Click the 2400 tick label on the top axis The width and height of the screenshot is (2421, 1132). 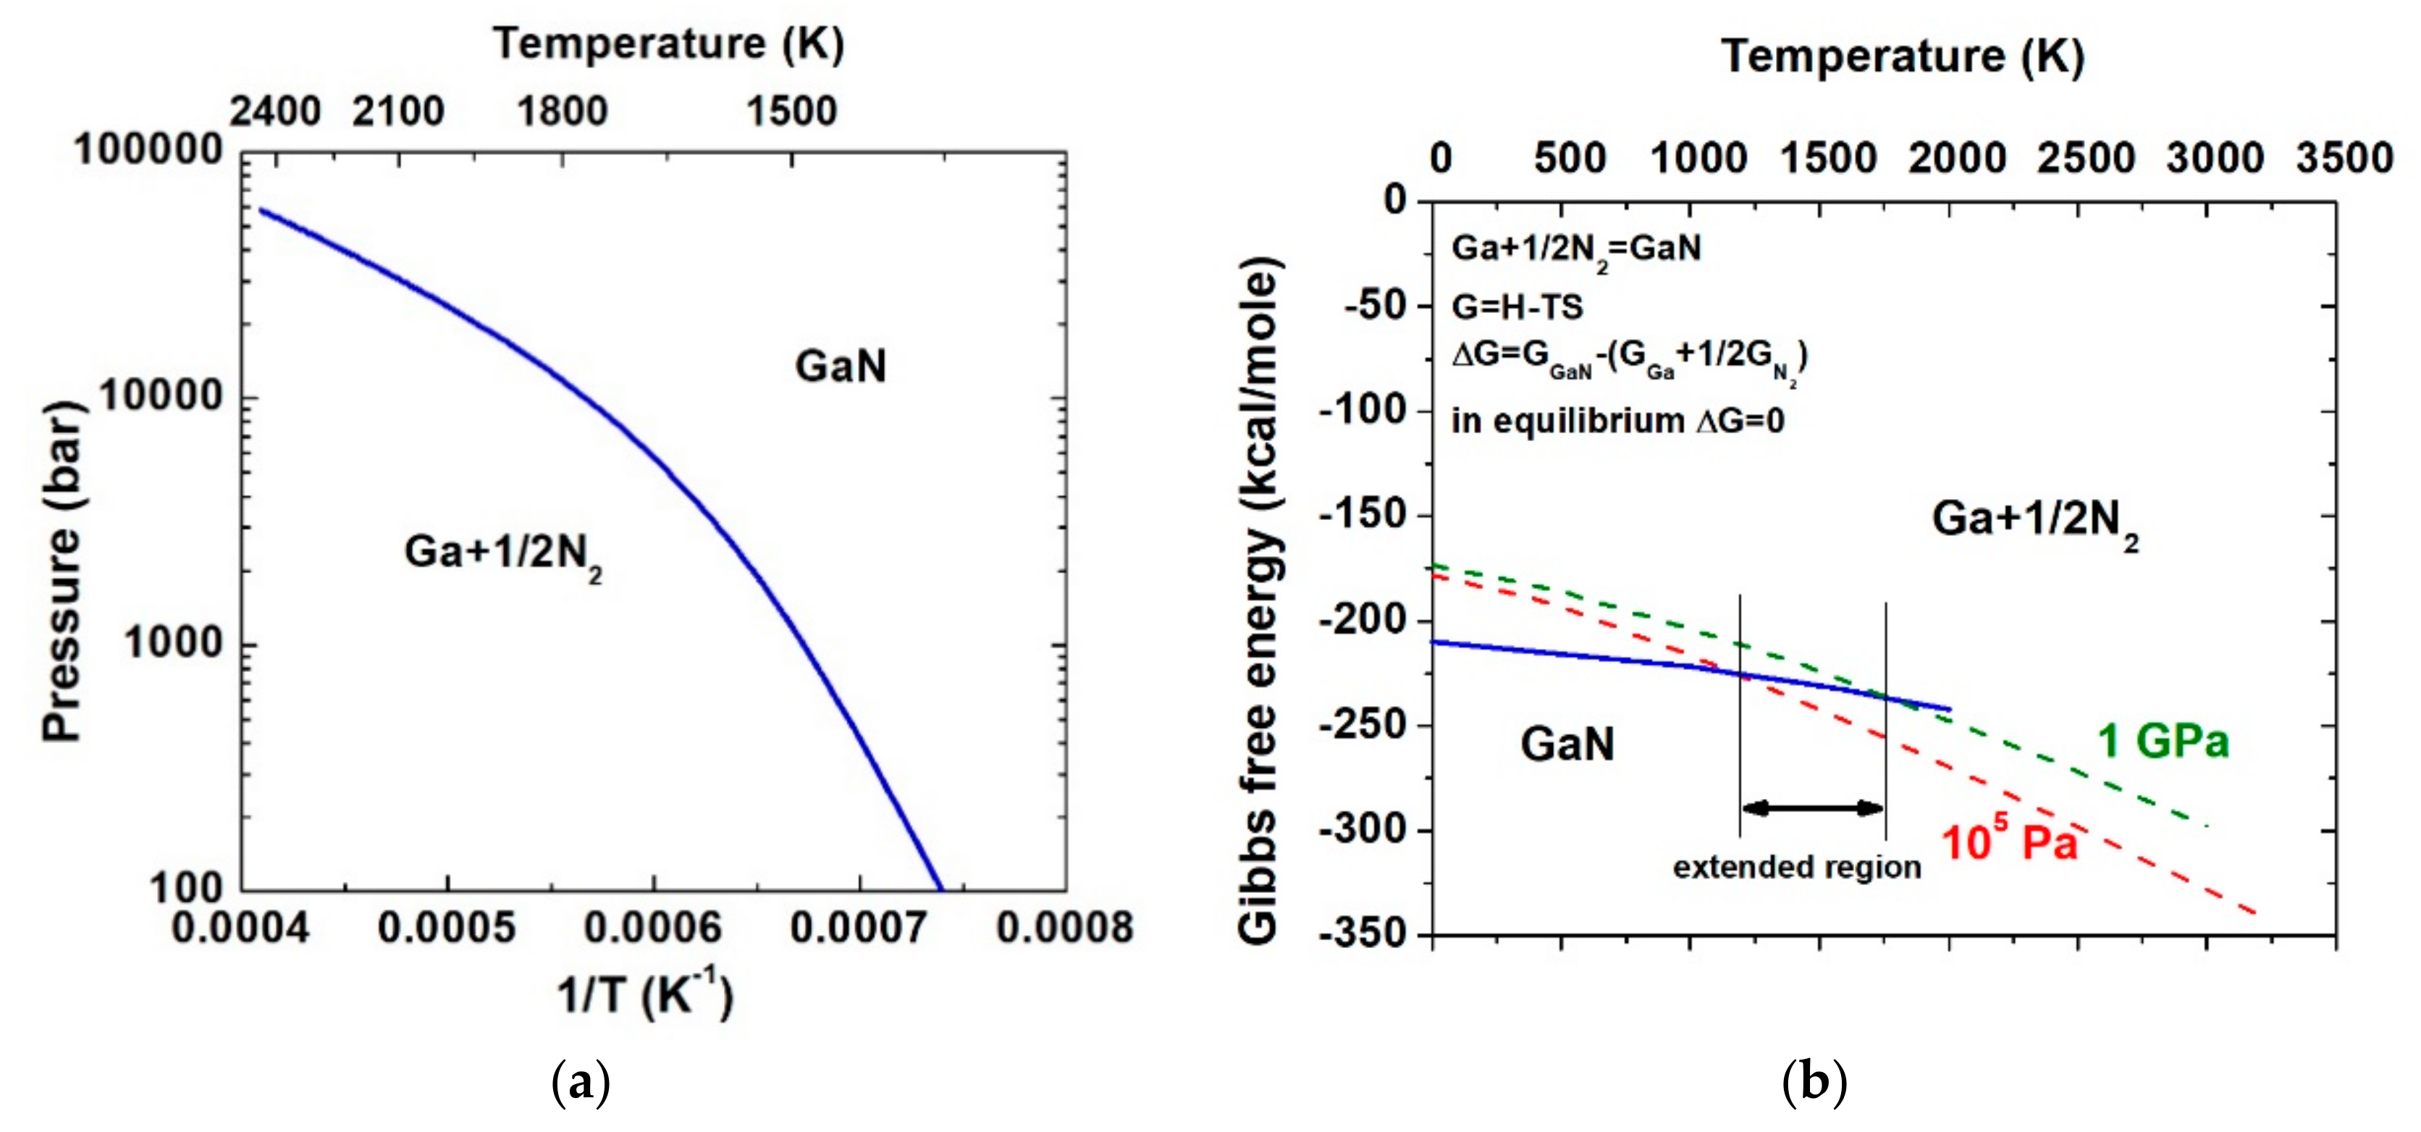coord(275,112)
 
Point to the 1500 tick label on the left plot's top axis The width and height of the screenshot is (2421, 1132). coord(791,112)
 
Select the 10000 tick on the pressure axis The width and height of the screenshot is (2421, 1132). coord(160,396)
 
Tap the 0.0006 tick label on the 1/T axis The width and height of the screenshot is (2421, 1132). coord(652,928)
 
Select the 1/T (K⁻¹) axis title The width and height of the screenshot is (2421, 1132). coord(645,993)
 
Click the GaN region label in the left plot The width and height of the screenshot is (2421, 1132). coord(841,366)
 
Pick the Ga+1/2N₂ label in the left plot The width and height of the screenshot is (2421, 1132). coord(503,553)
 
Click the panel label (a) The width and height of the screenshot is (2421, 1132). coord(580,1083)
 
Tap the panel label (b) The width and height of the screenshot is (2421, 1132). coord(1814,1083)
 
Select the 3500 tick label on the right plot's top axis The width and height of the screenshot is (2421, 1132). coord(2344,158)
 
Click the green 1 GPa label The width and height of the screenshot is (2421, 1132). coord(2163,741)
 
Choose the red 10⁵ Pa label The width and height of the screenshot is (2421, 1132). coord(2008,839)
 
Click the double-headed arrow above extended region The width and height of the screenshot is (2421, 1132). coord(1812,808)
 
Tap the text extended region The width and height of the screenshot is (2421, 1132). coord(1796,867)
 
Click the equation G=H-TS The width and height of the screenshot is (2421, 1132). coord(1517,306)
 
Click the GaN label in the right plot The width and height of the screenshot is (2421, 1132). coord(1567,744)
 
